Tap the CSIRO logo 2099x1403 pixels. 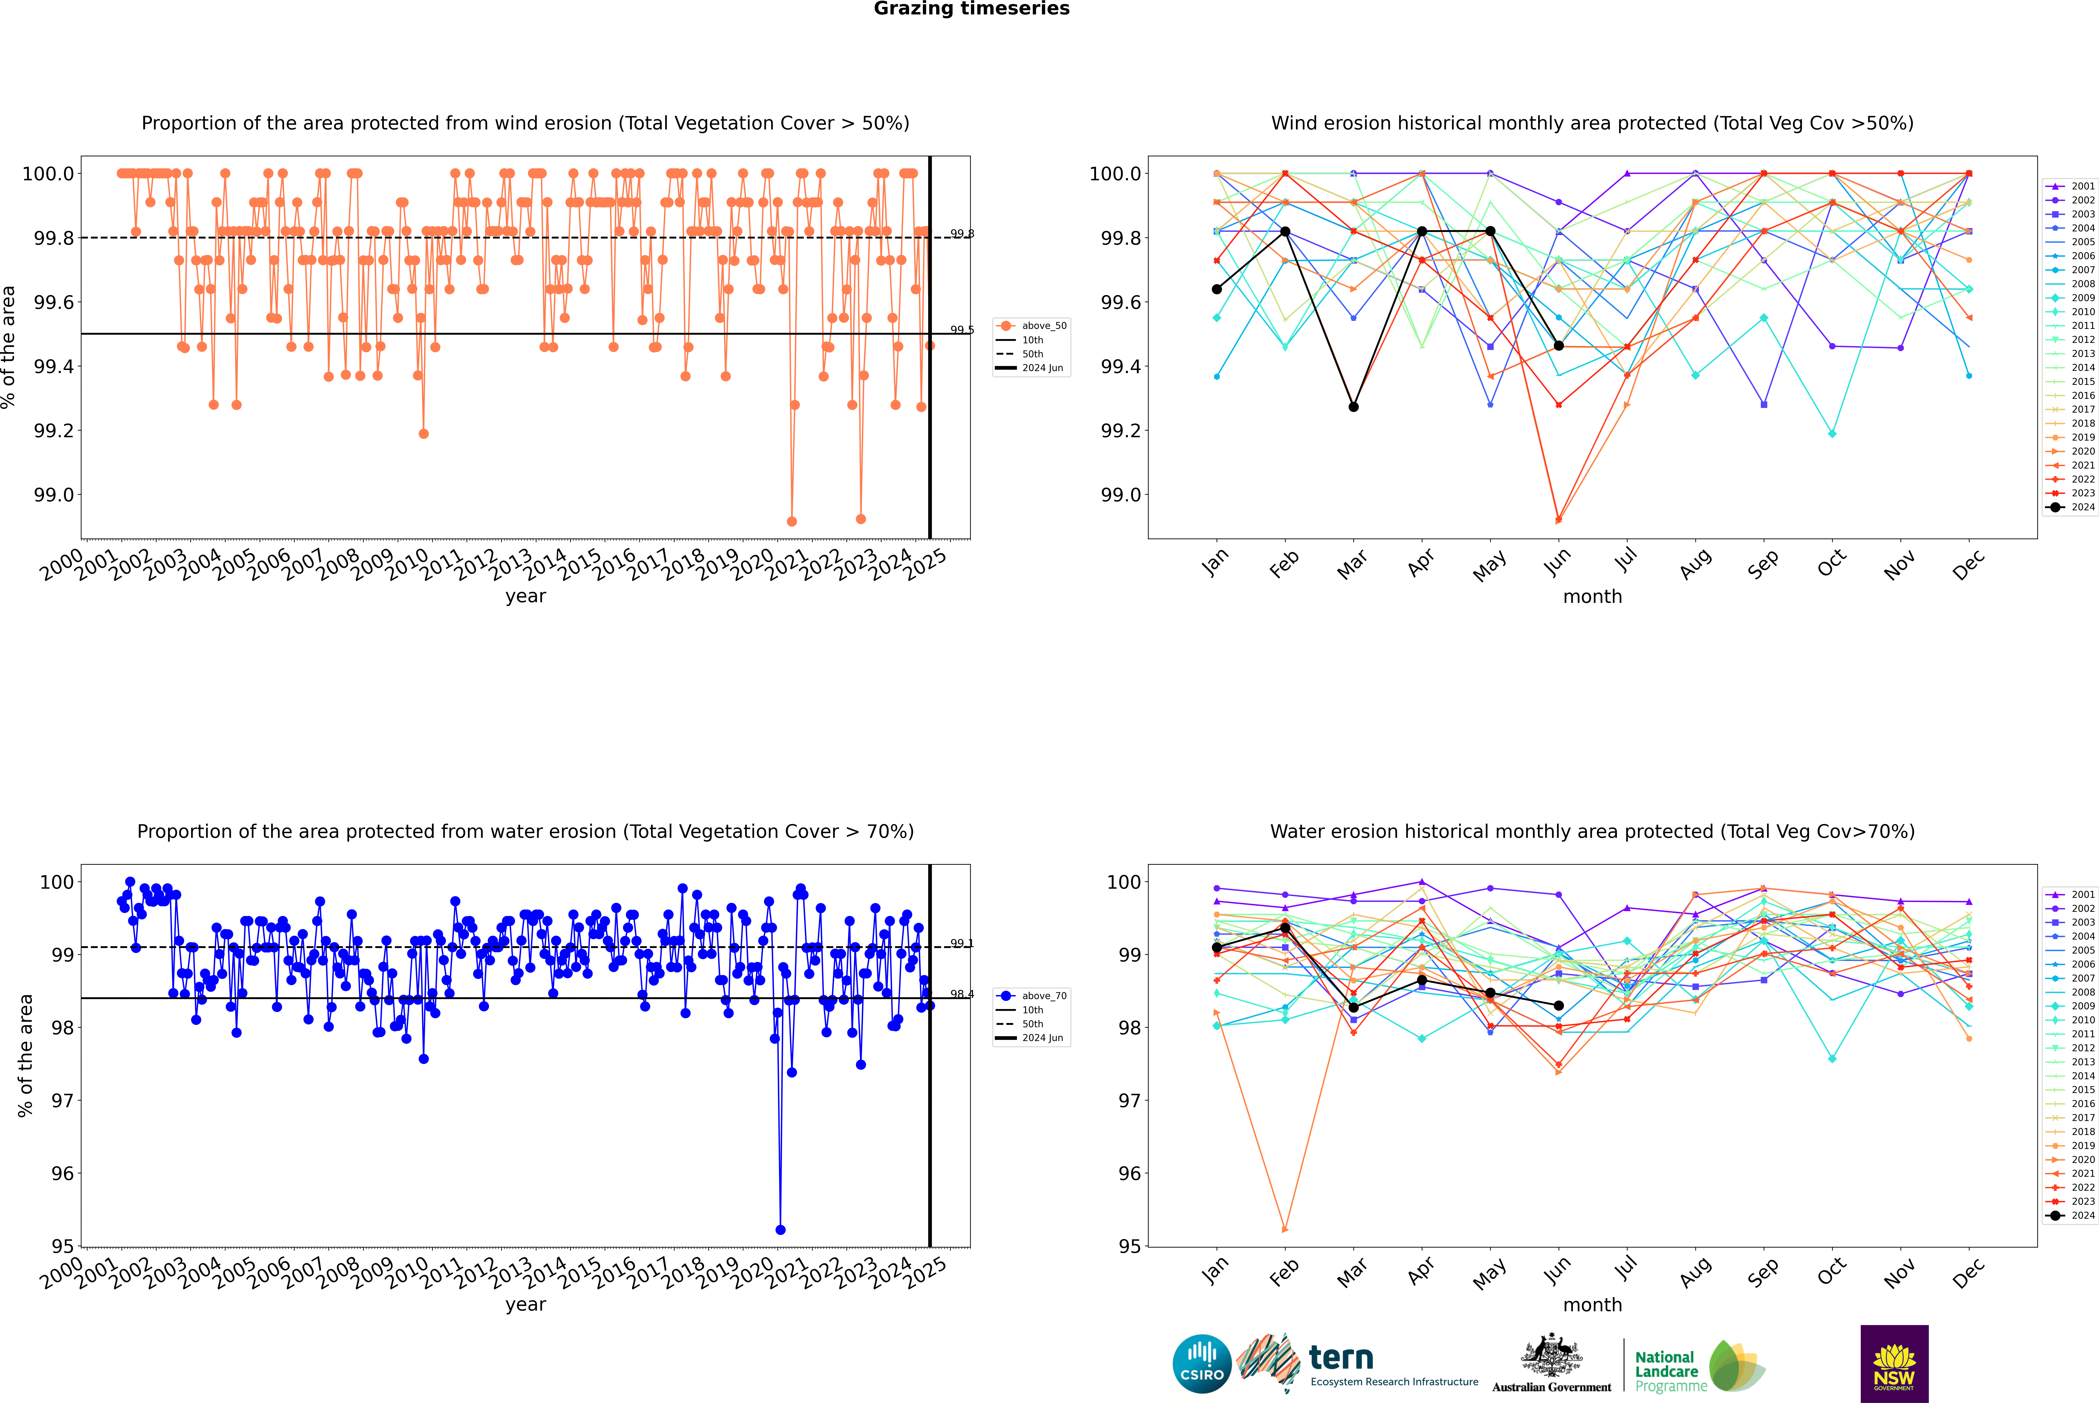click(1202, 1364)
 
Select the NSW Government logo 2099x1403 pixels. click(1894, 1364)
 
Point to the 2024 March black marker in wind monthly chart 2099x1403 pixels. click(1354, 407)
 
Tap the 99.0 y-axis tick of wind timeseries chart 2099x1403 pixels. click(54, 495)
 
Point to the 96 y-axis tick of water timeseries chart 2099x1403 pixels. click(63, 1173)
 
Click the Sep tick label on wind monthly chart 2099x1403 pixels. click(1763, 565)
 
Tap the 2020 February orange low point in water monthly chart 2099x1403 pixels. click(1285, 1229)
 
